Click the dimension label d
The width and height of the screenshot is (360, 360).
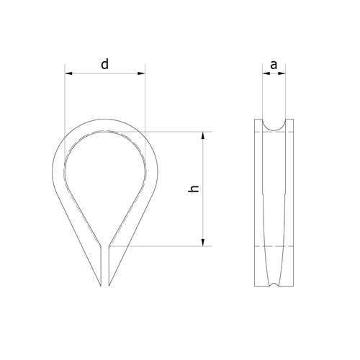click(x=104, y=64)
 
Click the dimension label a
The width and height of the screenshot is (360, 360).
click(x=274, y=65)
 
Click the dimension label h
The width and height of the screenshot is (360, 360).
click(x=194, y=189)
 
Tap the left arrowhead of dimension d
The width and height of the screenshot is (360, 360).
click(x=68, y=73)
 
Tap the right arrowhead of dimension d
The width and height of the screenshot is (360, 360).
click(x=141, y=73)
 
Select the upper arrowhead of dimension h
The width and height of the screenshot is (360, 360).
click(x=203, y=135)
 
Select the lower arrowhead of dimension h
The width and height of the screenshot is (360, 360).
click(x=203, y=242)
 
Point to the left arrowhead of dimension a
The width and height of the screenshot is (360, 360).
click(x=266, y=73)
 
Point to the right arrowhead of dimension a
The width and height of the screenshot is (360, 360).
click(x=282, y=73)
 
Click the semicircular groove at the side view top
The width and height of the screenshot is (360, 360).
click(x=274, y=130)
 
